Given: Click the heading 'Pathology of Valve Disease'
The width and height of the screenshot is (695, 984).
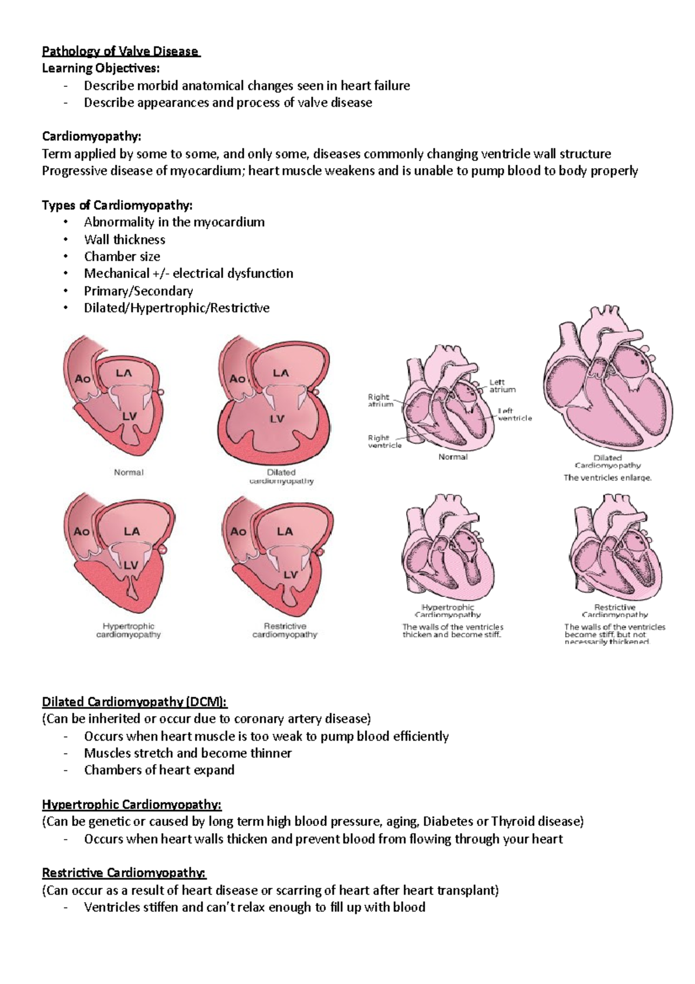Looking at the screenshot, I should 120,52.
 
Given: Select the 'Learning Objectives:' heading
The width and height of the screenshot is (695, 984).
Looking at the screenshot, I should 100,68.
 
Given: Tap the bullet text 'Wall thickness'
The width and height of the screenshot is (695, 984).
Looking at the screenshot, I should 125,239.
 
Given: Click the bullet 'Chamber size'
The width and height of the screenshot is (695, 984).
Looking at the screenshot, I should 122,256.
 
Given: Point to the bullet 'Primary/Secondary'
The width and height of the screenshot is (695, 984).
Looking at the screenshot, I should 138,290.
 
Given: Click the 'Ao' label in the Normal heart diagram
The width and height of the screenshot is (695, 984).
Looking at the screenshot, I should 83,378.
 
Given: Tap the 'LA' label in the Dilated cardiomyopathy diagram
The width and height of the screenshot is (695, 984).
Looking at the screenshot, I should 280,373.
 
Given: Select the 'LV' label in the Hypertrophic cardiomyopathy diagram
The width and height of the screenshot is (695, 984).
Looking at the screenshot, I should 131,565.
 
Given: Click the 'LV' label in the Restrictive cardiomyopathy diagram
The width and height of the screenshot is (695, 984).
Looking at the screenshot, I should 290,574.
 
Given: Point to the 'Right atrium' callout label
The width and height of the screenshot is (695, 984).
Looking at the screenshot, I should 380,400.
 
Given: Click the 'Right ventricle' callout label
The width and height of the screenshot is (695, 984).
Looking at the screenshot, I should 384,442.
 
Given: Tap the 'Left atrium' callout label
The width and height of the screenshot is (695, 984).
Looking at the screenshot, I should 502,386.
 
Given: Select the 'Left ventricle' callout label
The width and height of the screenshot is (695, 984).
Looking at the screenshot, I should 514,414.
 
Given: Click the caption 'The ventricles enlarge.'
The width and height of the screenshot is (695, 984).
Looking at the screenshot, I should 608,478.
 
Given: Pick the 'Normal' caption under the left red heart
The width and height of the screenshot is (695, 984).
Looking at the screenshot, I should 129,472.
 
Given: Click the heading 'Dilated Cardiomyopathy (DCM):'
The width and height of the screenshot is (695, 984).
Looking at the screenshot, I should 134,702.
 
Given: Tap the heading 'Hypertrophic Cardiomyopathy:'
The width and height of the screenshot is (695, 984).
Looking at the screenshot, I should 131,804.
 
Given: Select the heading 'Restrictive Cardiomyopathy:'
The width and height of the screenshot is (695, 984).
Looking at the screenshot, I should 124,873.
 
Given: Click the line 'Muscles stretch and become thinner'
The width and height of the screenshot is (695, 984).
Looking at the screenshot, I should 188,753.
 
